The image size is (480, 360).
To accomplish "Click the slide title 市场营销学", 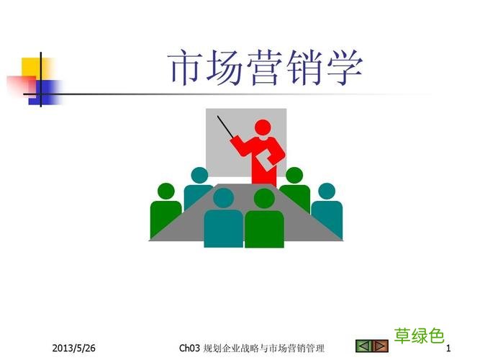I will coord(266,68).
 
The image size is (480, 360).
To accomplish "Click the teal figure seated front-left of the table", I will coord(223,220).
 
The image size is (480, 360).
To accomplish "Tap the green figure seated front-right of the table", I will coord(264,220).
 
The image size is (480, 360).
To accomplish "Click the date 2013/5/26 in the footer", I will coord(73,348).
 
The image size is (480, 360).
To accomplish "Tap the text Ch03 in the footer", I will coord(189,348).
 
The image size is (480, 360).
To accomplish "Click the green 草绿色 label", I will coord(419,335).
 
